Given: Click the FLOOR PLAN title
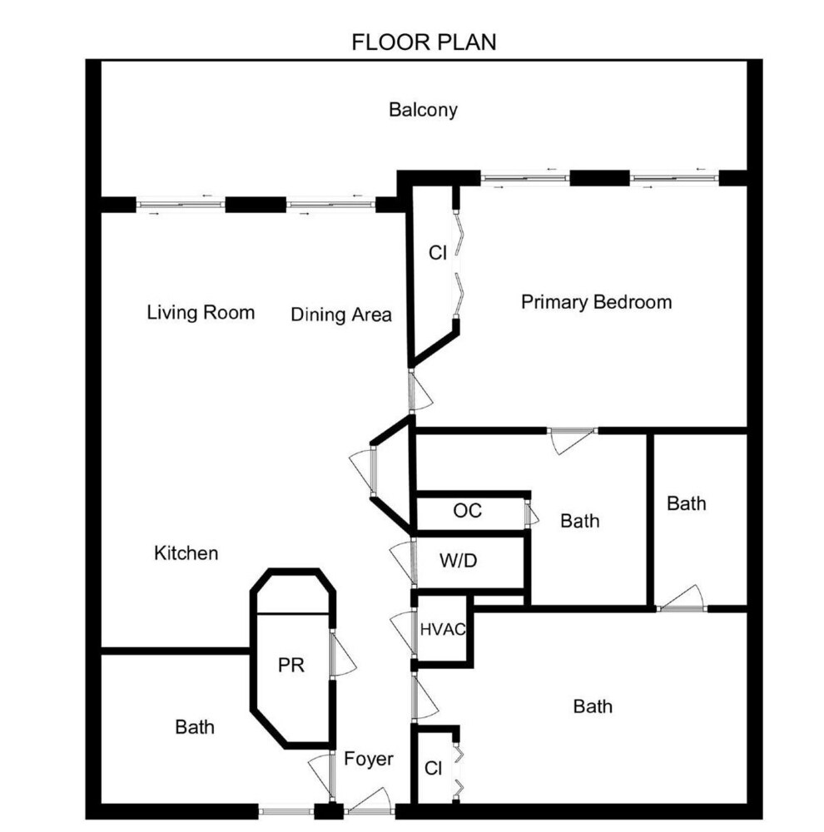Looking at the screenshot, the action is [424, 42].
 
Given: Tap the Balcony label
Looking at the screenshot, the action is [423, 110].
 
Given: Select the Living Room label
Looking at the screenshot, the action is [201, 312].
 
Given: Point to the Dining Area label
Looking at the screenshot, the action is [341, 314].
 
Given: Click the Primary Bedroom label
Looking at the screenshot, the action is [596, 302].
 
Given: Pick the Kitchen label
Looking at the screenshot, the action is [186, 553].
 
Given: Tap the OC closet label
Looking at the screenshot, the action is [467, 511].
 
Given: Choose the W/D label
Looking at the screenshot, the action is [458, 560].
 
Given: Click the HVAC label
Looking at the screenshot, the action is [443, 629].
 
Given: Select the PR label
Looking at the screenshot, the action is [291, 665].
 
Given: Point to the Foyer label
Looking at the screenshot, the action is [369, 760].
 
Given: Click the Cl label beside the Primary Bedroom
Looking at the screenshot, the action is [438, 253].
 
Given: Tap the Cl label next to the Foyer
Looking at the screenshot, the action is [434, 768].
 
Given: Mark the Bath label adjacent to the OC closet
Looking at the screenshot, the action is [580, 521].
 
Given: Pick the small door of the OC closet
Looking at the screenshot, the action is [532, 513].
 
